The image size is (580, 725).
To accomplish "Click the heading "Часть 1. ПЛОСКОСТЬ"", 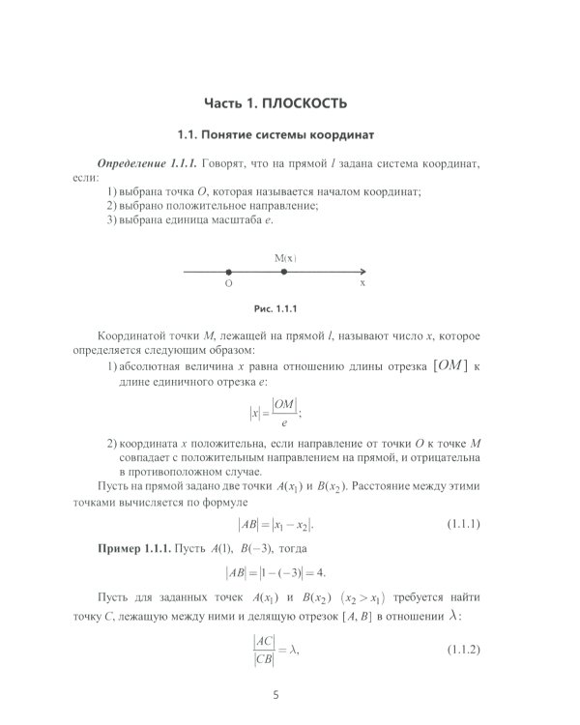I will click(275, 102).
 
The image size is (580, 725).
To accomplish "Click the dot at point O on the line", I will click(228, 272).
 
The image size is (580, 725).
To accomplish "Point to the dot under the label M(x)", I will click(283, 272).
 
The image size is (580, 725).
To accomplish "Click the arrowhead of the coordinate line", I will click(362, 272).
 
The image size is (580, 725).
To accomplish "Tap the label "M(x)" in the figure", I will click(284, 258).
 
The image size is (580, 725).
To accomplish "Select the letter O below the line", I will click(228, 285).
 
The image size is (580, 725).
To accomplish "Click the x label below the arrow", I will click(362, 285).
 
